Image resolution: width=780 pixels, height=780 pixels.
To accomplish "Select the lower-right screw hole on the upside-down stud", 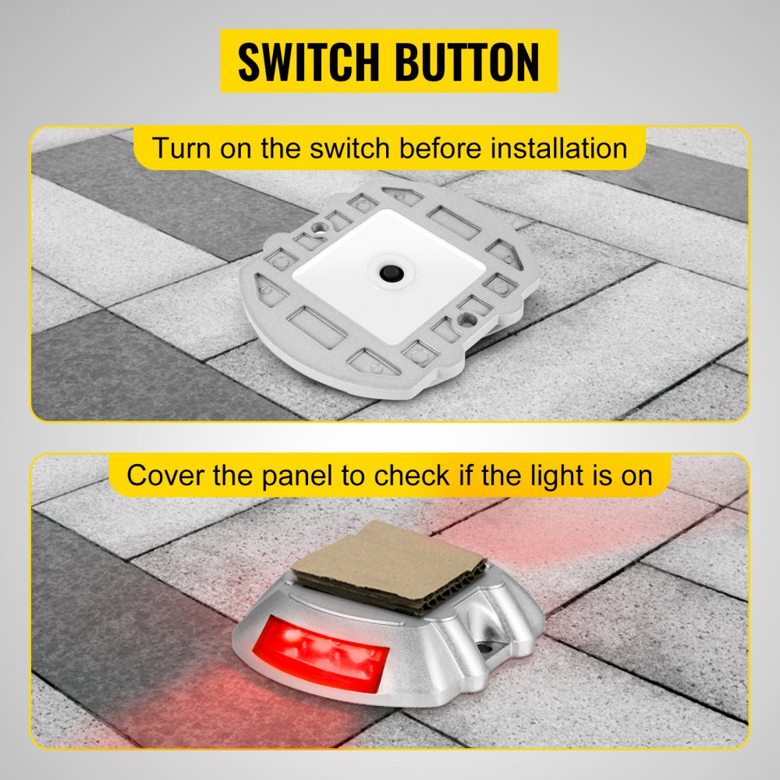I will click(x=468, y=318).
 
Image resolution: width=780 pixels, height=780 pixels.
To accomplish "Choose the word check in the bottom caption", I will click(x=410, y=474).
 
